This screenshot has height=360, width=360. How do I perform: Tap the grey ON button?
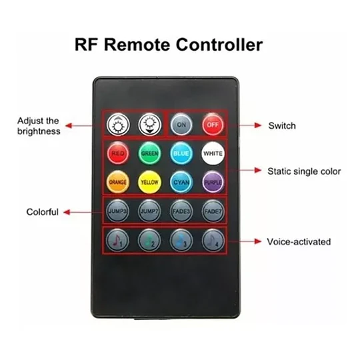pyautogui.click(x=181, y=125)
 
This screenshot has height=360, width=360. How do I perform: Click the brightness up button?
pyautogui.click(x=118, y=125)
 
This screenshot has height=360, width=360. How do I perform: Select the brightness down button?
pyautogui.click(x=150, y=125)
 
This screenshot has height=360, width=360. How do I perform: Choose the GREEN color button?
pyautogui.click(x=149, y=153)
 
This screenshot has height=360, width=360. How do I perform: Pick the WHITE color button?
pyautogui.click(x=213, y=153)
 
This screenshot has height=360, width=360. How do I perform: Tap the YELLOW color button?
pyautogui.click(x=149, y=182)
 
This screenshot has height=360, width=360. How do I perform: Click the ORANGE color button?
pyautogui.click(x=118, y=182)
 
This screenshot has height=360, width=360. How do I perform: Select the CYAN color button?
pyautogui.click(x=181, y=182)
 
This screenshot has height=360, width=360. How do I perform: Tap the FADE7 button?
pyautogui.click(x=213, y=211)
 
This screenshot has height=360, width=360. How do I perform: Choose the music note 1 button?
pyautogui.click(x=117, y=241)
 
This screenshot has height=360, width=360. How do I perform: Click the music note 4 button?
pyautogui.click(x=213, y=241)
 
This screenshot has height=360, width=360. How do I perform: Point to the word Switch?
pyautogui.click(x=282, y=126)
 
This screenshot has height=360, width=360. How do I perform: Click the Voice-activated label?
pyautogui.click(x=299, y=242)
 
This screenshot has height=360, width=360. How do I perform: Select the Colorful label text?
pyautogui.click(x=43, y=212)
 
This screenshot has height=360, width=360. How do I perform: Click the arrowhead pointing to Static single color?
pyautogui.click(x=258, y=171)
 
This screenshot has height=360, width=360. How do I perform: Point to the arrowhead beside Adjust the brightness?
pyautogui.click(x=69, y=125)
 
